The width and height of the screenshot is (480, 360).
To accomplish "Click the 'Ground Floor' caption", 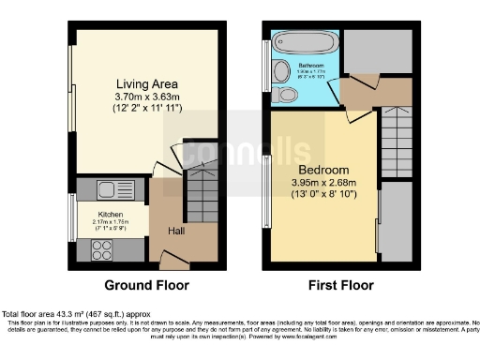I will (x=146, y=285).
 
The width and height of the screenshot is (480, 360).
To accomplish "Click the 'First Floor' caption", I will (x=341, y=285).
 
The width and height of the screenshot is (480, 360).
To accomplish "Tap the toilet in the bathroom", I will (x=289, y=94).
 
